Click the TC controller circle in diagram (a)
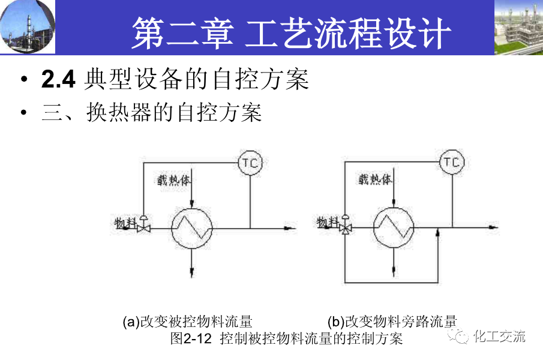click(250, 162)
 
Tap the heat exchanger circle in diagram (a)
click(191, 228)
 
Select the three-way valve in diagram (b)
click(346, 227)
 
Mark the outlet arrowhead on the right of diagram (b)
click(492, 228)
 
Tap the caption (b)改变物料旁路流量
click(392, 322)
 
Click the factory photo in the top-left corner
click(28, 27)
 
